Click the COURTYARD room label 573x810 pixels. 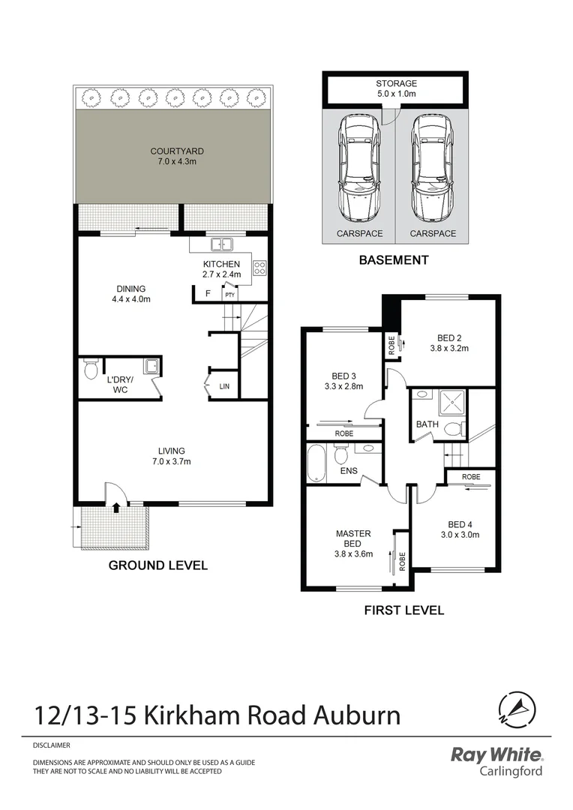click(177, 151)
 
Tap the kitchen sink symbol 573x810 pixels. click(222, 244)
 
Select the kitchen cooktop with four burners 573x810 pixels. click(259, 268)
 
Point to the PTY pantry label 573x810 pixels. click(230, 295)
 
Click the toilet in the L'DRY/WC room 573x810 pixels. click(91, 369)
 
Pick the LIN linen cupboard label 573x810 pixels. click(224, 386)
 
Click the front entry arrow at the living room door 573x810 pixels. click(116, 508)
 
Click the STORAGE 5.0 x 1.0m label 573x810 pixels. click(395, 89)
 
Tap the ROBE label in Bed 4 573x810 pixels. click(471, 477)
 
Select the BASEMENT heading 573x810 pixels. click(393, 260)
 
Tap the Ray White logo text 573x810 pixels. click(496, 754)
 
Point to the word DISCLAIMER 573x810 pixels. click(52, 745)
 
